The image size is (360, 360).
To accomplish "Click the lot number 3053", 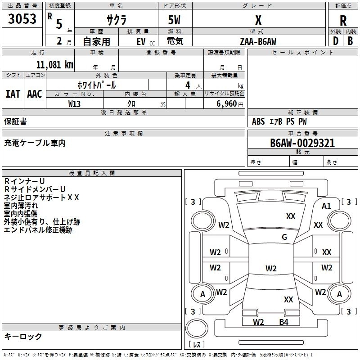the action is (22, 19).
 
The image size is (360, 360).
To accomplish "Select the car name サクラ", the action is (116, 21).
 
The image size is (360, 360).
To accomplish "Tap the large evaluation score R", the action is (343, 21).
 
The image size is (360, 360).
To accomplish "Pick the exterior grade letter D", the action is (335, 41).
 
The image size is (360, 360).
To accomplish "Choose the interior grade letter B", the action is (350, 41).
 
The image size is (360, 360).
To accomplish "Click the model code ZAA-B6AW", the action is (258, 41).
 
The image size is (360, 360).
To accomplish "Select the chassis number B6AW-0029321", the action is (302, 143).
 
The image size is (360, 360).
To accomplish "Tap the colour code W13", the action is (74, 104).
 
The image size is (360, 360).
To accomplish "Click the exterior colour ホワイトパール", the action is (96, 85).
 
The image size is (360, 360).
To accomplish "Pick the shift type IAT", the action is (13, 94).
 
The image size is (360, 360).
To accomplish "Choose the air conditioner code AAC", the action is (35, 94).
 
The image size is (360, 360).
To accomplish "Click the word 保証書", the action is (15, 121).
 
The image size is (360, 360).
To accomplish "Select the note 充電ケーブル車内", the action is (35, 143).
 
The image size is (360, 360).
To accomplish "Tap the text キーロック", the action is (23, 336).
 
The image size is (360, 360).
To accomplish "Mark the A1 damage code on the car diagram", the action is (326, 206).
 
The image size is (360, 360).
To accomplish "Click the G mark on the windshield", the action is (284, 237).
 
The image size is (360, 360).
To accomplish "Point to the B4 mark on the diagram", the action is (283, 322).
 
